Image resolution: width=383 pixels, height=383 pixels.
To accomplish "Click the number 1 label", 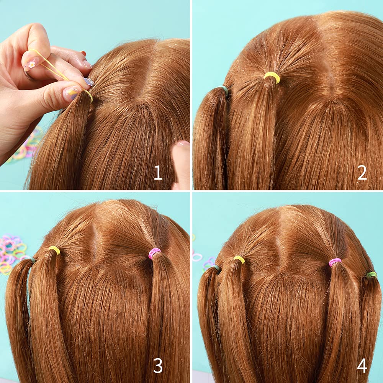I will tap(158, 173).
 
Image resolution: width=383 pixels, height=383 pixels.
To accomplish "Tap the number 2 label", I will tap(362, 173).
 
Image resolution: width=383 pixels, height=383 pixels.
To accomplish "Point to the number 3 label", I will tap(158, 366).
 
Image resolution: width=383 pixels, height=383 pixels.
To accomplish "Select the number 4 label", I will tap(362, 366).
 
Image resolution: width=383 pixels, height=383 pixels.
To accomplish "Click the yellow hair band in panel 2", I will tap(272, 77).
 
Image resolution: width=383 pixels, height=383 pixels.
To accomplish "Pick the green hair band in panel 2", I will tap(225, 90).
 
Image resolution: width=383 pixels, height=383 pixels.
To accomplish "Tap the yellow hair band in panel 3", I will tap(54, 250).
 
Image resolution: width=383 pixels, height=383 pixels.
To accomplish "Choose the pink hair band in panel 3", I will tap(154, 253).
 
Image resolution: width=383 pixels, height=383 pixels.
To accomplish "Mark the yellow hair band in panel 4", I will tap(239, 259).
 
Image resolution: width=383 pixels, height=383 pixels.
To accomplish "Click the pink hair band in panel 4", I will tap(335, 262).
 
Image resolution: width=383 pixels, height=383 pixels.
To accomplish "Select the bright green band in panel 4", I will tap(371, 275).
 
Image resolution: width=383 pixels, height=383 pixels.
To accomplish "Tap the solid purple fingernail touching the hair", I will tap(89, 82).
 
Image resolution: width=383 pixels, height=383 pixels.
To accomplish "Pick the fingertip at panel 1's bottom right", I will tap(182, 161).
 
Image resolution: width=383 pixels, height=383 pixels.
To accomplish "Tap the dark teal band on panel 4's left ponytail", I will tap(217, 267).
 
